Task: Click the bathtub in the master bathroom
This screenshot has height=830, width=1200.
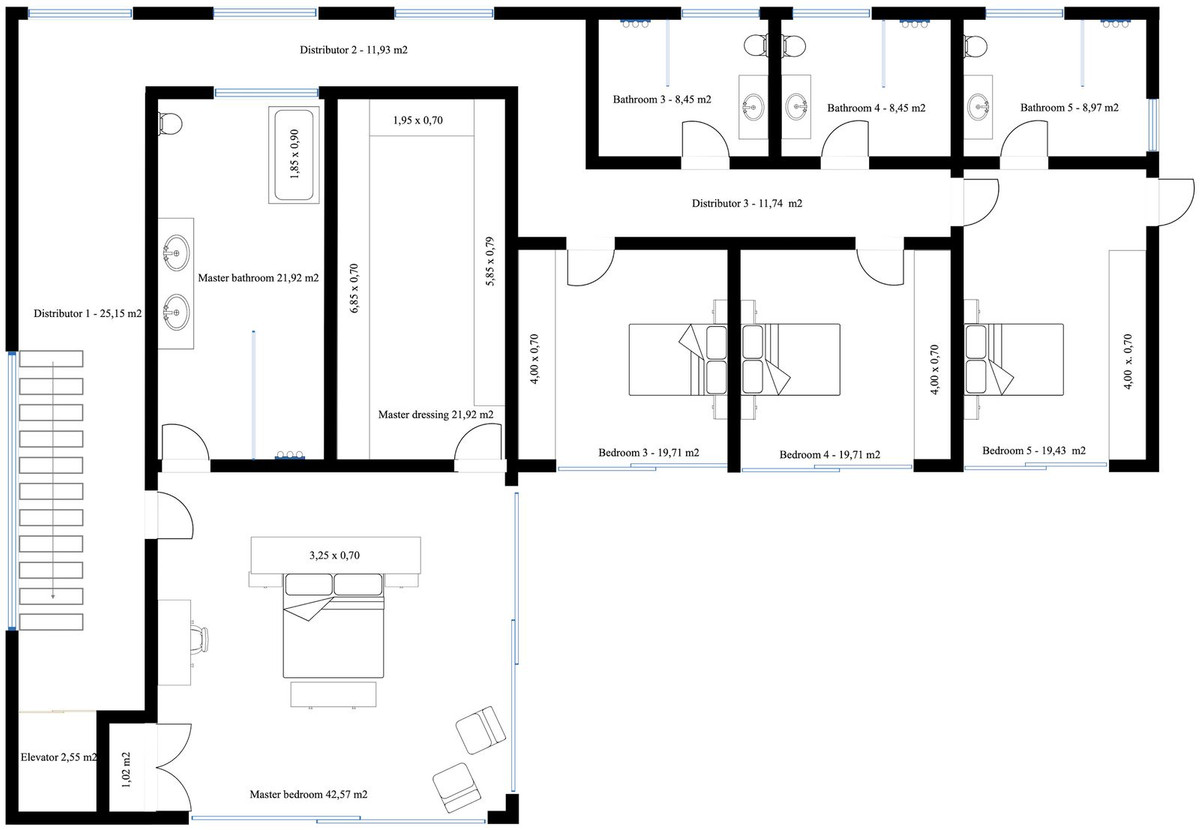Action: click(x=294, y=155)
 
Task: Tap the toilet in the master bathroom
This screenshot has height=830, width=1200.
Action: click(x=170, y=122)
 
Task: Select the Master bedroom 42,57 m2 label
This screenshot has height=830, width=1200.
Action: click(x=308, y=794)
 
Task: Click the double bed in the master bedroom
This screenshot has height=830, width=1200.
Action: click(x=332, y=624)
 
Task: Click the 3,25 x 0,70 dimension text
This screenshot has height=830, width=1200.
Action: click(x=334, y=553)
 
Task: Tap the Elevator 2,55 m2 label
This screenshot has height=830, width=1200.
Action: click(x=59, y=757)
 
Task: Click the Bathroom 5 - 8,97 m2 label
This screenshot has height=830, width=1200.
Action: click(x=1069, y=107)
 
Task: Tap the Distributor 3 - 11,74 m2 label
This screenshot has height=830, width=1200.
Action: click(x=747, y=203)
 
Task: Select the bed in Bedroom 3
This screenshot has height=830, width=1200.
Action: click(x=676, y=359)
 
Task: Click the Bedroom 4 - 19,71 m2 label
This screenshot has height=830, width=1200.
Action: click(x=830, y=454)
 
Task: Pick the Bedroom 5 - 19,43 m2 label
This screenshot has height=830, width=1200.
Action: click(x=1033, y=450)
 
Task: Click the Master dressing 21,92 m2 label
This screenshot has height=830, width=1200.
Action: click(x=435, y=413)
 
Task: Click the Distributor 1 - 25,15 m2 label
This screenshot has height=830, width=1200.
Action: click(x=88, y=313)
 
